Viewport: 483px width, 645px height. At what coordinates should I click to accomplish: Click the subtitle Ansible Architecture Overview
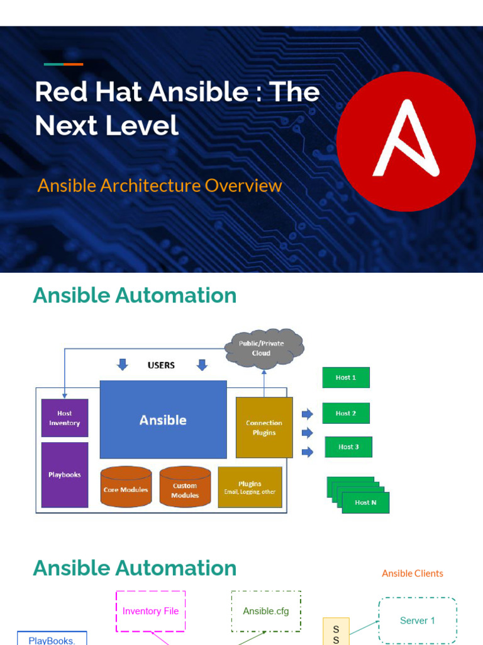[x=160, y=186]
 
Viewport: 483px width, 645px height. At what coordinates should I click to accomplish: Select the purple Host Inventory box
[x=65, y=418]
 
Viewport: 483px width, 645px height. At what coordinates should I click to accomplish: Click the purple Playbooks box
[x=65, y=475]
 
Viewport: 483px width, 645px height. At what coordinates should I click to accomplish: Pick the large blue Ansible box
[x=163, y=420]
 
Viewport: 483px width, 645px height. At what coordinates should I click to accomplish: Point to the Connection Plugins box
[x=264, y=428]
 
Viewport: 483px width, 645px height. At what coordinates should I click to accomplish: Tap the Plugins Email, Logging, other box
[x=250, y=487]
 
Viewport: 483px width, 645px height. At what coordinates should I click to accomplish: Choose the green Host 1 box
[x=346, y=377]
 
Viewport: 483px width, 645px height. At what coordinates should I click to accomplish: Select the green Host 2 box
[x=346, y=413]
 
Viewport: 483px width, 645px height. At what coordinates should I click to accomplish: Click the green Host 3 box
[x=348, y=447]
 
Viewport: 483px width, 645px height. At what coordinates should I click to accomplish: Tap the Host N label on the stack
[x=365, y=503]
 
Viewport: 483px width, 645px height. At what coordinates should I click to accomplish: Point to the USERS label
[x=161, y=365]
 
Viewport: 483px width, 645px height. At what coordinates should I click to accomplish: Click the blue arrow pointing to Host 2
[x=308, y=414]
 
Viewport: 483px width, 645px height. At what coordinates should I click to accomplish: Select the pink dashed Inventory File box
[x=151, y=611]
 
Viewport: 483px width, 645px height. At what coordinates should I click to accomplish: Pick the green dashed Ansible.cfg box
[x=266, y=611]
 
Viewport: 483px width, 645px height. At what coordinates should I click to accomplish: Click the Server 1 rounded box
[x=418, y=620]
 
